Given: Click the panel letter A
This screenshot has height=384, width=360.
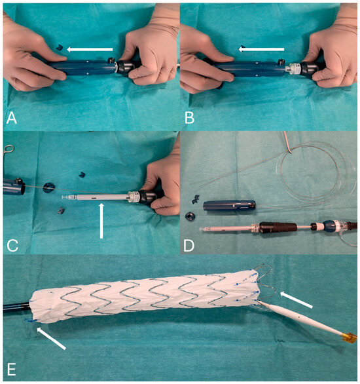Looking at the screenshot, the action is (x=12, y=118).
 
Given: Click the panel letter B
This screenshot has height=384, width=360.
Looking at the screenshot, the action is (x=190, y=118).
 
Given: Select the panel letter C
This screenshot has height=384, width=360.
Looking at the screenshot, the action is (x=12, y=245).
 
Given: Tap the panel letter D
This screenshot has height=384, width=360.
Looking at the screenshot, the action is (x=189, y=245).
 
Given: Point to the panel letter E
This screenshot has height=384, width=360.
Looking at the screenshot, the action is (x=12, y=370).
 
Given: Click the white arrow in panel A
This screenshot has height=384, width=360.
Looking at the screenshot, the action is (x=90, y=49).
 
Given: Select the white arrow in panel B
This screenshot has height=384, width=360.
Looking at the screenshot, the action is (x=261, y=49).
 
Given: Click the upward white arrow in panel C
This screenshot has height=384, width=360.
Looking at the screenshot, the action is (x=101, y=220).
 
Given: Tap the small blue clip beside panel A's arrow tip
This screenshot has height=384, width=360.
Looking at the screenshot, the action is (x=60, y=47).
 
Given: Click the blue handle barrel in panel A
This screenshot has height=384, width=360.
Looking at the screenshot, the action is (x=81, y=68).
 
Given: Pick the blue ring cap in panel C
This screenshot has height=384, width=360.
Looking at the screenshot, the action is (x=48, y=187).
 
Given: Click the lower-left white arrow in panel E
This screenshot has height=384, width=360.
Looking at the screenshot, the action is (x=51, y=338).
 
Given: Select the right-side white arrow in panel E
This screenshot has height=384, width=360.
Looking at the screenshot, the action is (x=297, y=299).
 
